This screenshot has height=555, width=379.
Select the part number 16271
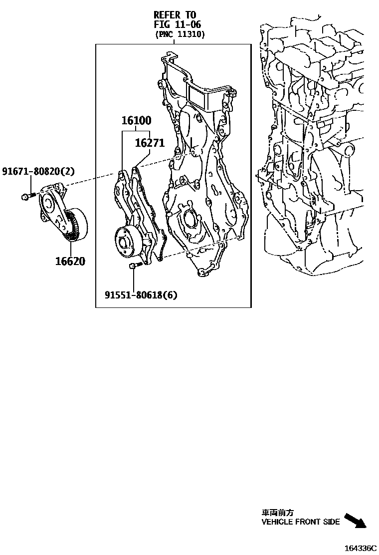150,143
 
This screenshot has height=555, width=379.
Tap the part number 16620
70,261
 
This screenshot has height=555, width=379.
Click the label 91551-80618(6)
141,295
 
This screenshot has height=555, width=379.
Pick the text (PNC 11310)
180,34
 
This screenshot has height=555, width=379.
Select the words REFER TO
175,15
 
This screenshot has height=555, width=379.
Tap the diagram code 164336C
361,548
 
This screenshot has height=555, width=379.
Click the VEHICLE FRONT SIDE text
301,522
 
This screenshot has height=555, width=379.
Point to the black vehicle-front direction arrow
355,520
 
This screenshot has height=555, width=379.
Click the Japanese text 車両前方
278,513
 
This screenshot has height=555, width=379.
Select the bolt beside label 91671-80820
27,197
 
